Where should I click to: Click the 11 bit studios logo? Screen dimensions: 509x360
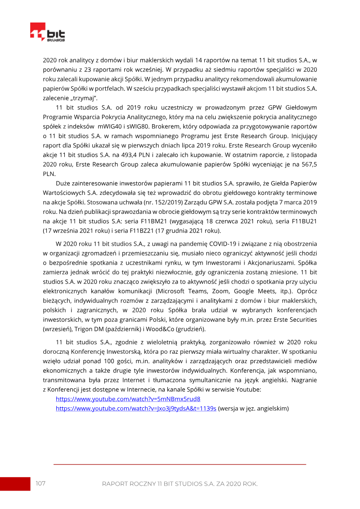[47, 32]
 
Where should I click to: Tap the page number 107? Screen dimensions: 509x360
[40, 483]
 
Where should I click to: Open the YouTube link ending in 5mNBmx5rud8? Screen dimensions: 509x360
[128, 399]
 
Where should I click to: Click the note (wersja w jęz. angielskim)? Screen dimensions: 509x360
[253, 408]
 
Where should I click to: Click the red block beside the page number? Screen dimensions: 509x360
[15, 483]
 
